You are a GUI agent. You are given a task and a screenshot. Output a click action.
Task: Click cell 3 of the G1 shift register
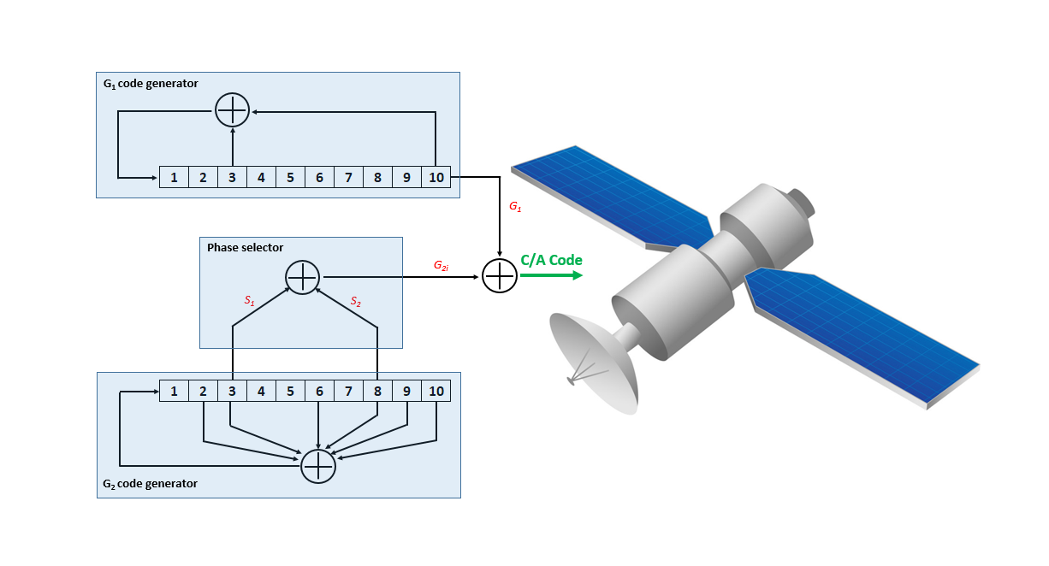point(232,177)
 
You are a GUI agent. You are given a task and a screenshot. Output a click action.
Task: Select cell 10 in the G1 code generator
point(436,177)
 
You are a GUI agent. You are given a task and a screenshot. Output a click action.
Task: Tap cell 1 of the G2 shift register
point(174,391)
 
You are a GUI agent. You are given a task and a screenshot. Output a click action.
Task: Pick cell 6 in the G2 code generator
point(319,391)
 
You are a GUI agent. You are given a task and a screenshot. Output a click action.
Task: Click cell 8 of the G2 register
point(377,391)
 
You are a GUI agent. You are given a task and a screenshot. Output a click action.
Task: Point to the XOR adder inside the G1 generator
point(232,110)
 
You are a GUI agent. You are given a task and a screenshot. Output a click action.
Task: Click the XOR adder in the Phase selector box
point(303,277)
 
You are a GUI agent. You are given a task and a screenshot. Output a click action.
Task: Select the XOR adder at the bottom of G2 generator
point(318,466)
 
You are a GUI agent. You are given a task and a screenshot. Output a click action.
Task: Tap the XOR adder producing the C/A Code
point(500,276)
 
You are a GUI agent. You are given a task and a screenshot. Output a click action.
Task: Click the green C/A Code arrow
point(551,275)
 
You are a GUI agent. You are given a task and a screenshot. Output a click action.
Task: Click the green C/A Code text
point(551,260)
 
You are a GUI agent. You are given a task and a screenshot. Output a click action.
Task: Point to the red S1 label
point(250,301)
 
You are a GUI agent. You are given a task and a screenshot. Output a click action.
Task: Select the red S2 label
point(356,302)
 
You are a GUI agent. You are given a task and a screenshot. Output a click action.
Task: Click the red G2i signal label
point(442,266)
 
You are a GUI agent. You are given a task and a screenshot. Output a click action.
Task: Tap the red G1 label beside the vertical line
point(515,206)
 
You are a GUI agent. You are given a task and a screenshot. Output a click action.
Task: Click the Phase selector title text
point(245,247)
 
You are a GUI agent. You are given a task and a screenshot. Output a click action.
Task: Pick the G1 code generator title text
point(151,84)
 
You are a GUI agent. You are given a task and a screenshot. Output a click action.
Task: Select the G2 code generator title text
point(150,484)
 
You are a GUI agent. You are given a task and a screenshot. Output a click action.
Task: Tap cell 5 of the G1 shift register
point(290,177)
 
